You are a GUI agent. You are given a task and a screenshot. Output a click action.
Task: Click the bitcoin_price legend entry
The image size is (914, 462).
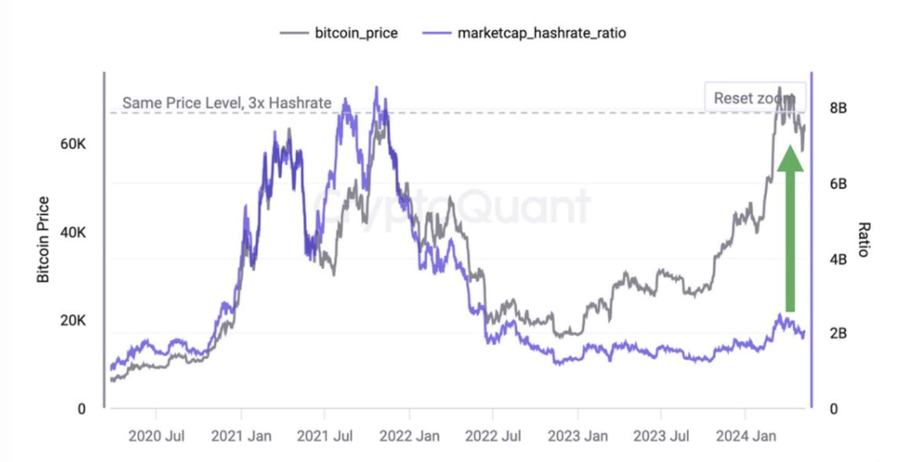click(339, 33)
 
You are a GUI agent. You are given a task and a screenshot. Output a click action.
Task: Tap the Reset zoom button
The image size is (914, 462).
click(754, 98)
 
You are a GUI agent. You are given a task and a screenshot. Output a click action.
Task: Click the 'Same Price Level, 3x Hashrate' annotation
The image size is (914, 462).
click(226, 102)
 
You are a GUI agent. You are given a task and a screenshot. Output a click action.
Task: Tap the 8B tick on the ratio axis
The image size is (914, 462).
click(838, 108)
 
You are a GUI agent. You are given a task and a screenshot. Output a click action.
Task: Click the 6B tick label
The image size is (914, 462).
click(838, 183)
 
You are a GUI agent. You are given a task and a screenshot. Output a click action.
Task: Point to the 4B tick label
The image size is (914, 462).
click(838, 259)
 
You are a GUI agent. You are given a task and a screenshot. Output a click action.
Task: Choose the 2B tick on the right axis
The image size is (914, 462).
click(838, 333)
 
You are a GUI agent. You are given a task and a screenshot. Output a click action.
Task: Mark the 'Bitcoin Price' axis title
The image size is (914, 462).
click(43, 239)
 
